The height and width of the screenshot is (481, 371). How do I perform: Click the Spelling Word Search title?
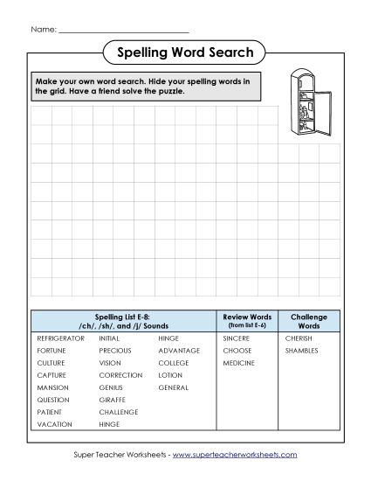185,53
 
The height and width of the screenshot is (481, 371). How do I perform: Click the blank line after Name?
122,30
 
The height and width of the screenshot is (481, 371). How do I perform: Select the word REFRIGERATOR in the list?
60,337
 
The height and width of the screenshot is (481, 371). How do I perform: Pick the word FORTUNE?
52,350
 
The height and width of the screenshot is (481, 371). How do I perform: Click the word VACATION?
54,424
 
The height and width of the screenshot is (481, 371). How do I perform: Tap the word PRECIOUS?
116,350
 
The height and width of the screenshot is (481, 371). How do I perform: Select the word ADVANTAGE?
179,350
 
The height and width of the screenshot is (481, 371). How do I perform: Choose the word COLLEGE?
174,362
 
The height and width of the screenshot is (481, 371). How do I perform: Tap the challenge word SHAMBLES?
301,350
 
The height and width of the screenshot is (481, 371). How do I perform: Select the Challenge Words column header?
308,320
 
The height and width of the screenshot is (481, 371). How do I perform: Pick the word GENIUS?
111,387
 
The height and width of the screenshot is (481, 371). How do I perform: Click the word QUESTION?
53,400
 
